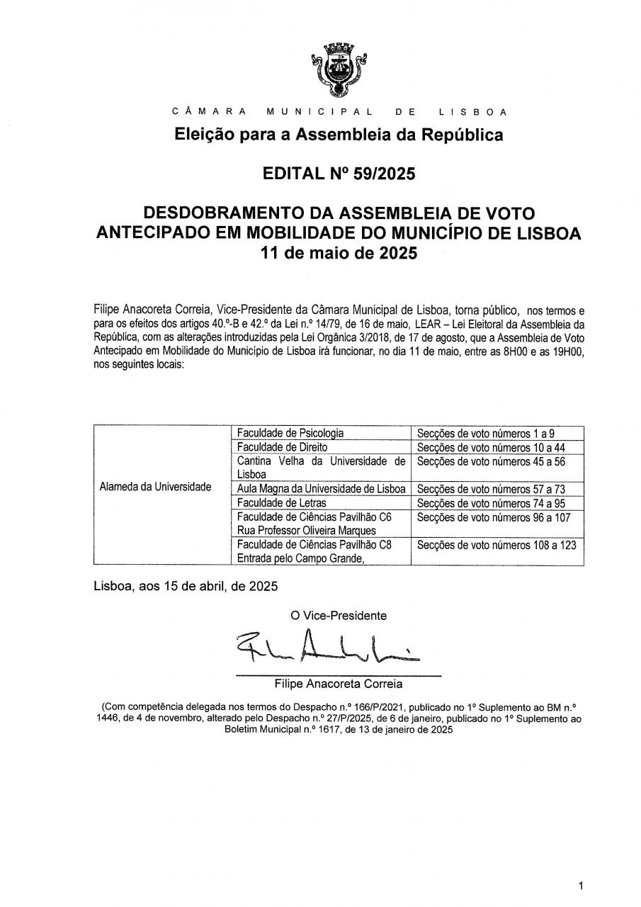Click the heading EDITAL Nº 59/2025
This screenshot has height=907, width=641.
tap(339, 173)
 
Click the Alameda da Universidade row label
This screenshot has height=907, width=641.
tap(156, 487)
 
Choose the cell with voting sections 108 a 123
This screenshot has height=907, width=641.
tap(497, 545)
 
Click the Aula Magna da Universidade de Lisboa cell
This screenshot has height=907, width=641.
tap(321, 489)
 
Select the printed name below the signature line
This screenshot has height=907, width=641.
tap(339, 685)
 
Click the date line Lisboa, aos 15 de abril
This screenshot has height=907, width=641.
tap(186, 587)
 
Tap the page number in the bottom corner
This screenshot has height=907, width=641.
tap(581, 886)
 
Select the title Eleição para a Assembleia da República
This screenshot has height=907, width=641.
tap(339, 135)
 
